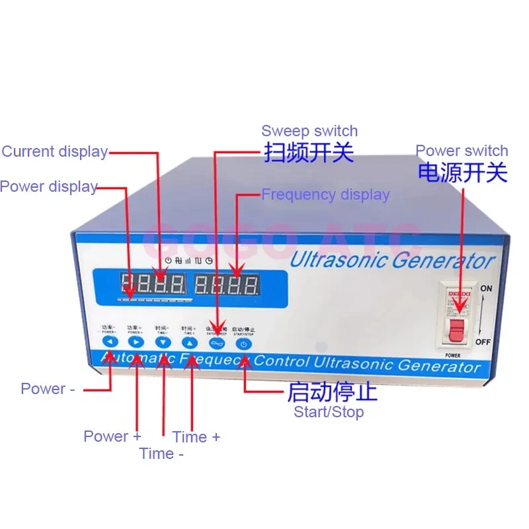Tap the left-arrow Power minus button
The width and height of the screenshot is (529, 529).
pyautogui.click(x=110, y=342)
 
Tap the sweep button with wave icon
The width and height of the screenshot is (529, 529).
pyautogui.click(x=216, y=343)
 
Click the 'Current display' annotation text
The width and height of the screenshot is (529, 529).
pyautogui.click(x=54, y=151)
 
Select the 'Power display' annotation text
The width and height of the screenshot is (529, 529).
pyautogui.click(x=48, y=186)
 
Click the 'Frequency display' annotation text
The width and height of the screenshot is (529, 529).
pyautogui.click(x=325, y=194)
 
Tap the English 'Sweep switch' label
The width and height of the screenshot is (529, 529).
pyautogui.click(x=309, y=131)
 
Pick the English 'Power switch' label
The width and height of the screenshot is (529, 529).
pyautogui.click(x=462, y=151)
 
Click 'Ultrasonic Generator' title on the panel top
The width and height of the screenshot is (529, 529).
pyautogui.click(x=392, y=259)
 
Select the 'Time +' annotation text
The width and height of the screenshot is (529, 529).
pyautogui.click(x=196, y=436)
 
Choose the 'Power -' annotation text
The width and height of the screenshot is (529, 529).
pyautogui.click(x=43, y=389)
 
